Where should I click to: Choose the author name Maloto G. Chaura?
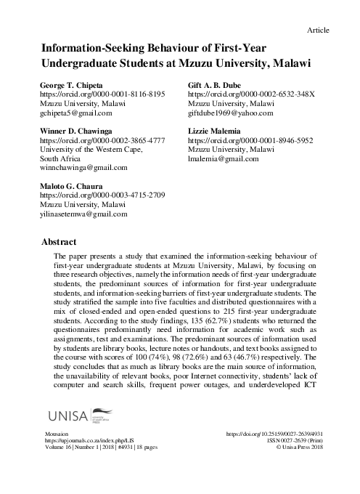pyautogui.click(x=78, y=187)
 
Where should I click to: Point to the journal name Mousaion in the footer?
pyautogui.click(x=58, y=453)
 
